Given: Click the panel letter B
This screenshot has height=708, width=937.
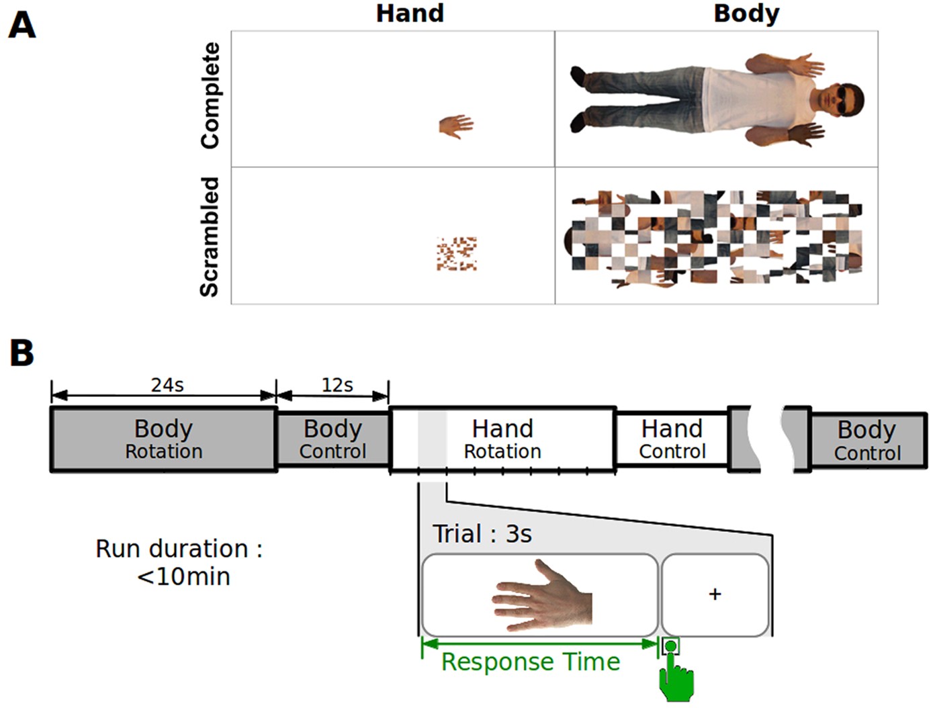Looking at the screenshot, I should pyautogui.click(x=21, y=352).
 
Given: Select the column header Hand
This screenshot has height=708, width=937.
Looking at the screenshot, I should pyautogui.click(x=410, y=13).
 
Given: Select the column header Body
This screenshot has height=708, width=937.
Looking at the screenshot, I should pyautogui.click(x=746, y=13).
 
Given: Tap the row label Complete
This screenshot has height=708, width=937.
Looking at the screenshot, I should pyautogui.click(x=210, y=95).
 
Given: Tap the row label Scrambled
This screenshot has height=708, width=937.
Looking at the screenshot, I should pyautogui.click(x=210, y=236).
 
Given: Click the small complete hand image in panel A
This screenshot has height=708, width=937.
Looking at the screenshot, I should pyautogui.click(x=456, y=125).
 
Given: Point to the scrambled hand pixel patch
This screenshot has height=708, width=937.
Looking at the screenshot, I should pyautogui.click(x=457, y=253).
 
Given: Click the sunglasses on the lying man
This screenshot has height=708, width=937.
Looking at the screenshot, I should pyautogui.click(x=844, y=100).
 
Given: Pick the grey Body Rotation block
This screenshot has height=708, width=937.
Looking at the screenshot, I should pyautogui.click(x=163, y=439).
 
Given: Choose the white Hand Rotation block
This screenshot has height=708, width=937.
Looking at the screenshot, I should pyautogui.click(x=502, y=439).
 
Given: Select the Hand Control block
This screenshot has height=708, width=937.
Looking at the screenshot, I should pyautogui.click(x=672, y=439).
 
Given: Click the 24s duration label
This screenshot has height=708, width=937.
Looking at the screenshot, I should pyautogui.click(x=167, y=385).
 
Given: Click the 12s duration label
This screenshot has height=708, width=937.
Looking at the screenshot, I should pyautogui.click(x=337, y=385).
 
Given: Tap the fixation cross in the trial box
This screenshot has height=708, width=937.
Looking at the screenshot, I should pyautogui.click(x=715, y=594).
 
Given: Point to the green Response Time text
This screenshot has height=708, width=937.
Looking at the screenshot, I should pyautogui.click(x=531, y=662).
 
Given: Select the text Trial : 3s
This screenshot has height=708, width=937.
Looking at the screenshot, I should pyautogui.click(x=482, y=534).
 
